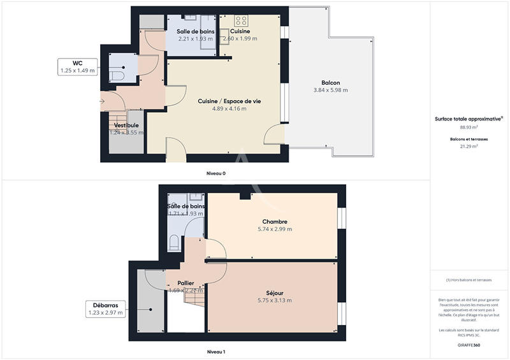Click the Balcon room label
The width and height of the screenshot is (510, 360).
point(330,83)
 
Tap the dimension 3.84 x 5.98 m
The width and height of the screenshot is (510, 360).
point(330,90)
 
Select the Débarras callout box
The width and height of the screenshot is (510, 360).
point(105,309)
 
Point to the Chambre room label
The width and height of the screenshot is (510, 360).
point(274,222)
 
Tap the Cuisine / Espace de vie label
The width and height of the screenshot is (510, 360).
point(229,101)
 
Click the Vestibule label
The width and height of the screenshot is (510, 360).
point(126,126)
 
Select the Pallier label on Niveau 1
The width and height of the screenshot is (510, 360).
point(186,282)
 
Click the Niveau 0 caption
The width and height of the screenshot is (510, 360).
point(215,173)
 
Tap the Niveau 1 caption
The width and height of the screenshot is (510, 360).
point(215,352)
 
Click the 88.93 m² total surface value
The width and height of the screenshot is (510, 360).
point(469,127)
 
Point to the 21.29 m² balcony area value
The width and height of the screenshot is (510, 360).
point(469,146)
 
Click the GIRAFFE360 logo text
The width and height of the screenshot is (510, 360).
point(469,345)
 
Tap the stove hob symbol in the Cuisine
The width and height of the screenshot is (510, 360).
point(241,20)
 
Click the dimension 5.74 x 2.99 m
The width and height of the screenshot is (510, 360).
point(274,229)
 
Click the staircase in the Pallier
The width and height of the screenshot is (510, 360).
point(194,295)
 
